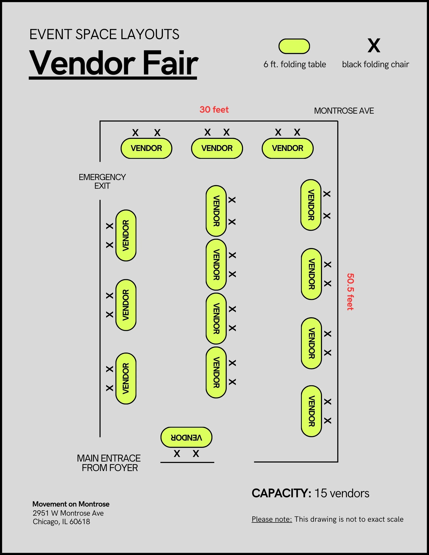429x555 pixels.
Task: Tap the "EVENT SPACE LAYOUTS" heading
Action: coord(104,34)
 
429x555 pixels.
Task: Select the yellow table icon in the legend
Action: coord(294,46)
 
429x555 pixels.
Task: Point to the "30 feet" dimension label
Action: coord(214,110)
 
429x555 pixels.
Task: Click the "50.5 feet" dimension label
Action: coord(350,292)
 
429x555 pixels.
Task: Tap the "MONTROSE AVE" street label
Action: coord(344,111)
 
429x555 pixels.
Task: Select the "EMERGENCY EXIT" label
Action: coord(102,181)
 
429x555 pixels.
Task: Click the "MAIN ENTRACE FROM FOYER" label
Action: coord(109,463)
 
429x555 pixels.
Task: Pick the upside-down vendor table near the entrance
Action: coord(186,437)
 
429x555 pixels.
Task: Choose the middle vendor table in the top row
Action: coord(217,148)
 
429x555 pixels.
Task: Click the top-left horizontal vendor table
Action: coord(146,148)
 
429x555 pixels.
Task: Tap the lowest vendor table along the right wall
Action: coord(311,411)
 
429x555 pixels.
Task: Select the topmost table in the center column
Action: coord(216,211)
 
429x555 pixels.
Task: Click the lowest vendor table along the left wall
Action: coord(126,378)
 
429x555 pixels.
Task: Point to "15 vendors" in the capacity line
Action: coord(342,493)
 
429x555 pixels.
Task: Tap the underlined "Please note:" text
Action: coord(272,519)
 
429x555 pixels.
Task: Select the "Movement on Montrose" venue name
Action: coord(71,504)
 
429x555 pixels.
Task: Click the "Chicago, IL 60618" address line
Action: coord(61,522)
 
